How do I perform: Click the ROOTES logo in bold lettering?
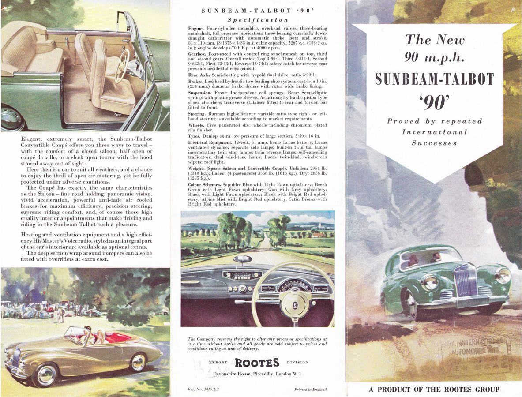tap(257, 363)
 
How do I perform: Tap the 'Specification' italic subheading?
tap(258, 20)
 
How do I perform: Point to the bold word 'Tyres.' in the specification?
tap(195, 136)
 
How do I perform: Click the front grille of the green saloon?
tap(466, 281)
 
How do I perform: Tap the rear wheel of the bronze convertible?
tap(138, 362)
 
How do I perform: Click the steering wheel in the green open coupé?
tap(122, 66)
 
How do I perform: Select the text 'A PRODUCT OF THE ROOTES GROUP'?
tap(434, 390)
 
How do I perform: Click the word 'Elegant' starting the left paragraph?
tap(32, 139)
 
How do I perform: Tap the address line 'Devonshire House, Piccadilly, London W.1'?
tap(257, 374)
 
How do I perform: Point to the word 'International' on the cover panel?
tap(434, 132)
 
